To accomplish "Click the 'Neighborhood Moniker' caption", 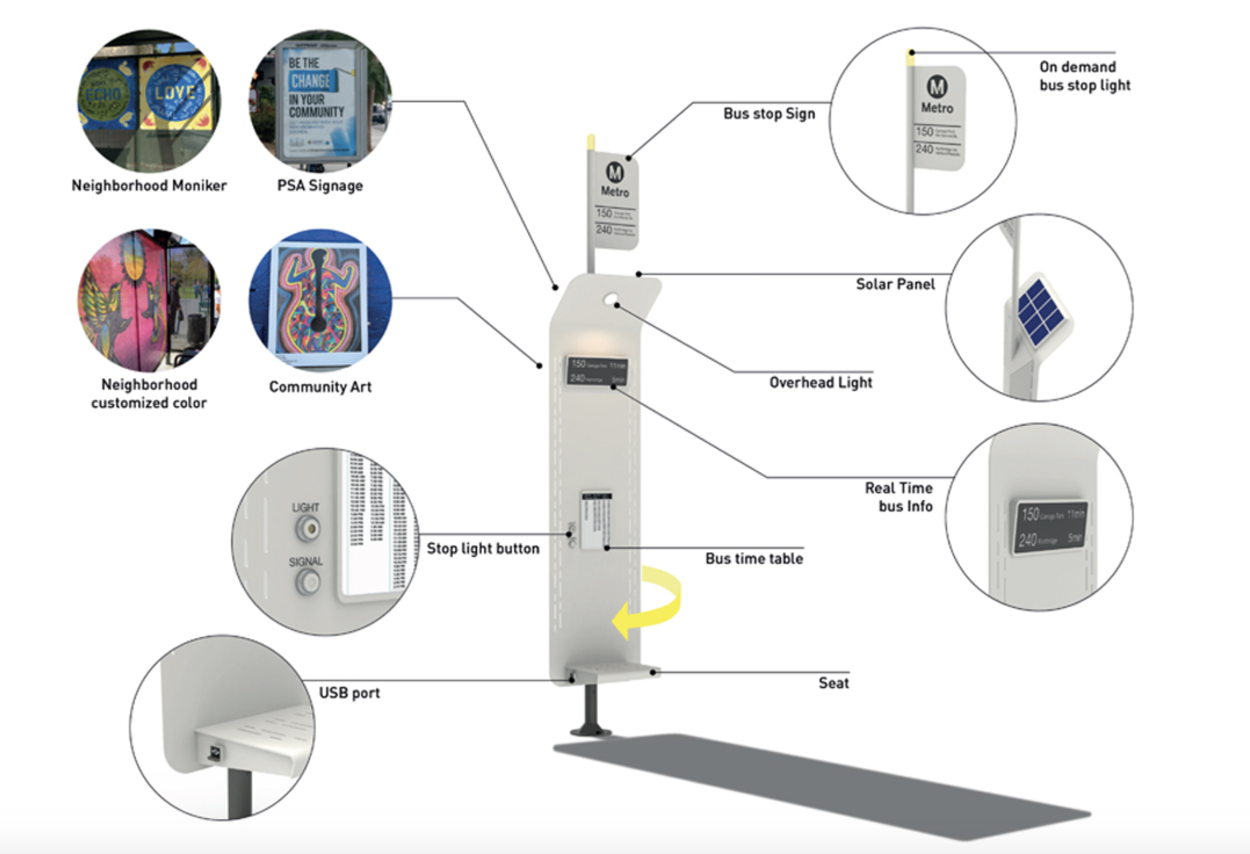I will pyautogui.click(x=149, y=185).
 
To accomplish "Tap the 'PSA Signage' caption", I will pyautogui.click(x=320, y=185).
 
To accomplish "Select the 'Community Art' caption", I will pyautogui.click(x=320, y=387).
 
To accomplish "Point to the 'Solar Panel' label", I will pyautogui.click(x=895, y=284).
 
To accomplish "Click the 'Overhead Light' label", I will pyautogui.click(x=820, y=382).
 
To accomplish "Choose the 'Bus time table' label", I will pyautogui.click(x=754, y=558).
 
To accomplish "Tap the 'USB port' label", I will pyautogui.click(x=349, y=692).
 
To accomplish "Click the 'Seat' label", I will pyautogui.click(x=833, y=683).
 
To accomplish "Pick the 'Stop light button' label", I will pyautogui.click(x=483, y=548).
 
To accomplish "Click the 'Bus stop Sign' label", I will pyautogui.click(x=769, y=113).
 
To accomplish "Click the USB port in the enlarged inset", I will pyautogui.click(x=215, y=753).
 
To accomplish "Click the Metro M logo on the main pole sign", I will pyautogui.click(x=614, y=172).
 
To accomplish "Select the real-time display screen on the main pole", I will pyautogui.click(x=597, y=371).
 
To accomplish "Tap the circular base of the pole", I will pyautogui.click(x=591, y=732).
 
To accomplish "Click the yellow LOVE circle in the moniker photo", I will pyautogui.click(x=174, y=93).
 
